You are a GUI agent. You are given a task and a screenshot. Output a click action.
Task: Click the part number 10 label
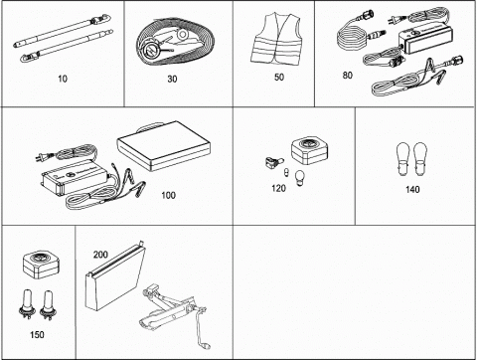(x=63, y=79)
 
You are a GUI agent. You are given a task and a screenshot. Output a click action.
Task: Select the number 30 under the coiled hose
(x=172, y=79)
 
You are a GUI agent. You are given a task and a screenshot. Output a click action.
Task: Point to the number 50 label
(x=279, y=78)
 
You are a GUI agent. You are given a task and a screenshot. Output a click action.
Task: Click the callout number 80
(x=347, y=76)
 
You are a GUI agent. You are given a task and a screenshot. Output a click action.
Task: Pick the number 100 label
(x=168, y=195)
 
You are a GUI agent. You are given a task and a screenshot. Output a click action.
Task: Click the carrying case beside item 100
(x=164, y=146)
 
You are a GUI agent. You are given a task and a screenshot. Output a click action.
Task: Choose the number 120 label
(x=278, y=188)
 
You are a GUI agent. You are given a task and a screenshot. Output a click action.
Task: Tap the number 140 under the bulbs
(x=412, y=189)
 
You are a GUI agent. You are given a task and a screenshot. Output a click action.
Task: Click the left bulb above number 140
(x=403, y=159)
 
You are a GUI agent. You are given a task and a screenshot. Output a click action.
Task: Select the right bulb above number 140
(x=420, y=159)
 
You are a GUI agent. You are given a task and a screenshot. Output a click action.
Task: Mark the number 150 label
(x=37, y=335)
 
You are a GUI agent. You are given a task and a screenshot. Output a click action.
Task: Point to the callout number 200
(x=100, y=255)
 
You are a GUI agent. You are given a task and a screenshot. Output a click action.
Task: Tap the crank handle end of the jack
(x=206, y=345)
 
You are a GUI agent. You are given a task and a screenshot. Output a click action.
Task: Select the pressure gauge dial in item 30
(x=152, y=50)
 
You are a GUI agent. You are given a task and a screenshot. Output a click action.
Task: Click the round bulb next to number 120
(x=300, y=175)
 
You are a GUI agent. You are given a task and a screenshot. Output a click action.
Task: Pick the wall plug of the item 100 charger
(x=40, y=158)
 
